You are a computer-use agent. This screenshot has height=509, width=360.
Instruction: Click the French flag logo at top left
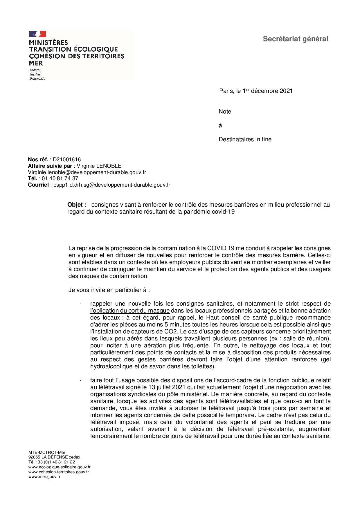pos(37,34)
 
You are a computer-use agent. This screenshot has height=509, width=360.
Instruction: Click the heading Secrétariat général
pos(295,39)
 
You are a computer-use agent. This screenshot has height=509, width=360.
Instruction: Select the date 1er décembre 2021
pos(268,91)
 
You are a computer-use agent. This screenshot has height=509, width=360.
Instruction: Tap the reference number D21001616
pos(67,159)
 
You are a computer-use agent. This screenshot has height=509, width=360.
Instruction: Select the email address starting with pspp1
pos(111,185)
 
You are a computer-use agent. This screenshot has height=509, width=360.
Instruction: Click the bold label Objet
pos(77,205)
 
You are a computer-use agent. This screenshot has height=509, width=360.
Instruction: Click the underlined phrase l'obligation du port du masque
pos(130,311)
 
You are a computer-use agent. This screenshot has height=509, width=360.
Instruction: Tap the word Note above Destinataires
pos(225,111)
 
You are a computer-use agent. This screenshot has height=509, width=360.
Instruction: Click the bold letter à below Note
pos(220,125)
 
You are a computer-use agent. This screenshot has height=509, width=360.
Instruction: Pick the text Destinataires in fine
pos(245,139)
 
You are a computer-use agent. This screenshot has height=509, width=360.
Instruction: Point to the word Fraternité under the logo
pos(37,78)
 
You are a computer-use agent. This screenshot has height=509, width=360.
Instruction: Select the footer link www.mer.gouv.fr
pos(44,477)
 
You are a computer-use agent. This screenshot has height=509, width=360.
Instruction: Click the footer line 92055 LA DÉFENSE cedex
pos(54,457)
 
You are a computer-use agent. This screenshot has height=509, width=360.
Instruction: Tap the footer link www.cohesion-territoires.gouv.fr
pos(58,472)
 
